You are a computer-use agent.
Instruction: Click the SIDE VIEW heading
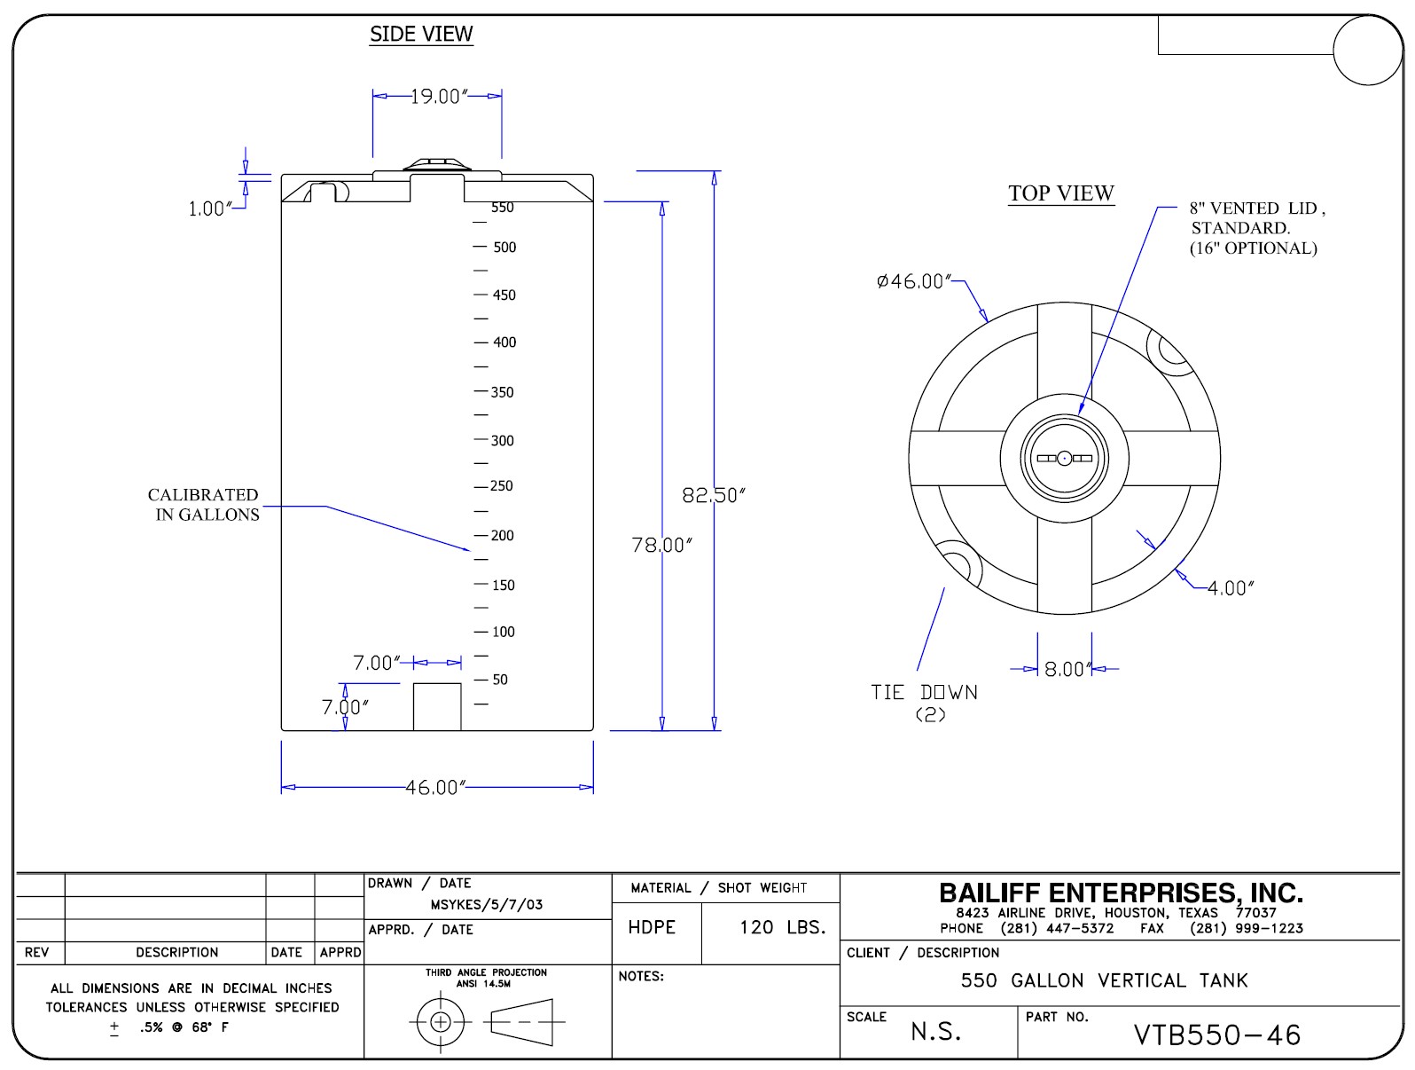421,34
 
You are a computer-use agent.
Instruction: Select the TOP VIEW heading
1061,193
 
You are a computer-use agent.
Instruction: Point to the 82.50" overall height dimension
714,495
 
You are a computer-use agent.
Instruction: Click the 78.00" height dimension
661,545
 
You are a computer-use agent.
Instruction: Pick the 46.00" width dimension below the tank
435,788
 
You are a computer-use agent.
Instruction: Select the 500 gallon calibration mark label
504,247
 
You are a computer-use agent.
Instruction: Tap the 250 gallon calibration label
502,485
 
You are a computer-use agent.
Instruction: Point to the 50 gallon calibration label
500,679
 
